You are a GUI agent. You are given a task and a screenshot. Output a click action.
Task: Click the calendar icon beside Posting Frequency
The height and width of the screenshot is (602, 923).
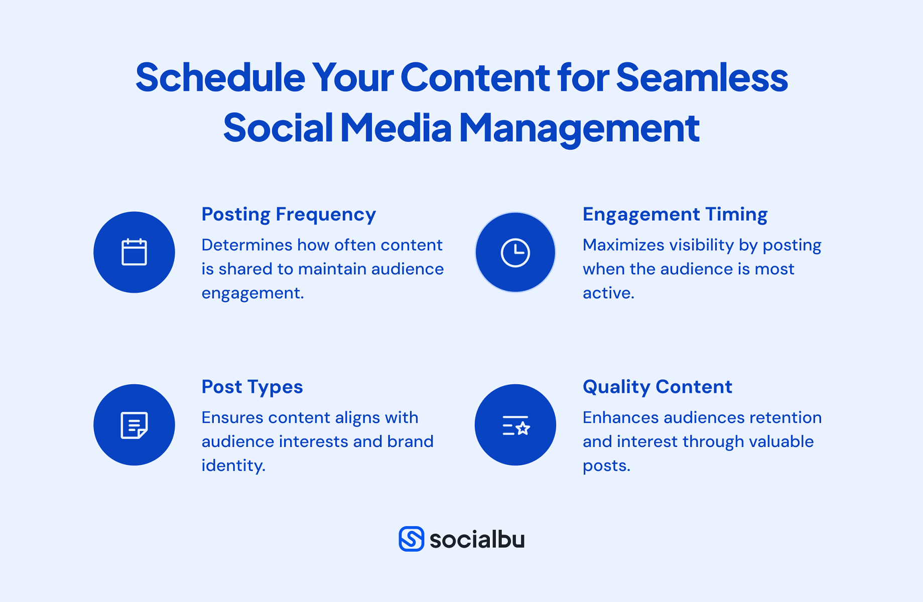point(134,252)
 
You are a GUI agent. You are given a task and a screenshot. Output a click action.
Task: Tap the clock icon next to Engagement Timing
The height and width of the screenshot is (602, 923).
point(515,252)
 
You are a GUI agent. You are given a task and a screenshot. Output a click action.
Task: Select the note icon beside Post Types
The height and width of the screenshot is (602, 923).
point(134,425)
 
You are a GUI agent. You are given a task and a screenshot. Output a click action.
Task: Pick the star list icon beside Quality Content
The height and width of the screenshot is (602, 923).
point(515,425)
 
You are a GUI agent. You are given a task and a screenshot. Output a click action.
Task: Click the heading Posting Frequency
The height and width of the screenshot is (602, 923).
point(289,215)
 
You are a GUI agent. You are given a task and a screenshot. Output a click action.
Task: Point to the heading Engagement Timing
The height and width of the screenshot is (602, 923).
point(675,215)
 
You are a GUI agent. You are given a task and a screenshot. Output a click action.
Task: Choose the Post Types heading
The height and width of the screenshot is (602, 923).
point(252,387)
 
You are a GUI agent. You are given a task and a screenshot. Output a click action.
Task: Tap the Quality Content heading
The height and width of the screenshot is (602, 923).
point(657,387)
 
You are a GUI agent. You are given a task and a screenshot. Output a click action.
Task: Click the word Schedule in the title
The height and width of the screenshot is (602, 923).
point(220,78)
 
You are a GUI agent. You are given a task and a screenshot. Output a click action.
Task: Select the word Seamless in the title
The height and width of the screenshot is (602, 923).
point(702,78)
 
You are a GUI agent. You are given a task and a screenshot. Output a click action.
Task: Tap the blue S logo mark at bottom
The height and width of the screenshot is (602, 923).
point(411,539)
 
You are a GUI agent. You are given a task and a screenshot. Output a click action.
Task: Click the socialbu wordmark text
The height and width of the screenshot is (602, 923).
point(477,539)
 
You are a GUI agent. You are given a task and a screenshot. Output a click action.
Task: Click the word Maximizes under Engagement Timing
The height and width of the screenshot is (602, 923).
point(622,245)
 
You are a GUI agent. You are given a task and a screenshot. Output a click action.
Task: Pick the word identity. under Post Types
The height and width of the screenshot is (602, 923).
point(233,466)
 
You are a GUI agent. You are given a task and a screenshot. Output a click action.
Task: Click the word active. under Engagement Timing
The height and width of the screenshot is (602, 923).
point(608,293)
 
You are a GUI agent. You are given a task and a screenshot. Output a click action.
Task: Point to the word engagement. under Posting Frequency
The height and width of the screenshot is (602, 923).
point(252,293)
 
